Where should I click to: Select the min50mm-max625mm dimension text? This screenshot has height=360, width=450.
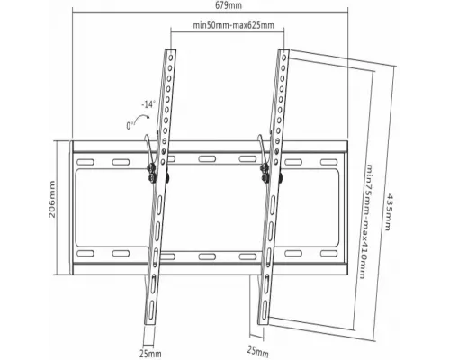233,24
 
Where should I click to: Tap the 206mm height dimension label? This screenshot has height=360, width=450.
52,199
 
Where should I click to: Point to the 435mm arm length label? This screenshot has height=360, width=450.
388,211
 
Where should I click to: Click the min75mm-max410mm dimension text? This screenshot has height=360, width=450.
366,221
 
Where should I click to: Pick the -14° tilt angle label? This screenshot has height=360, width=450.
148,105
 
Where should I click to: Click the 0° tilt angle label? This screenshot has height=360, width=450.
130,125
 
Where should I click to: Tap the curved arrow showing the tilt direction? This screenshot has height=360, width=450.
141,118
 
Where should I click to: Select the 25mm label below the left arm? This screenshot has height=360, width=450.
150,354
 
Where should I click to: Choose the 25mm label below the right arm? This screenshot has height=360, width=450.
257,350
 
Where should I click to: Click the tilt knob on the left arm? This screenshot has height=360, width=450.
151,174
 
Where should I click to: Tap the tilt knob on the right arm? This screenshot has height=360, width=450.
265,174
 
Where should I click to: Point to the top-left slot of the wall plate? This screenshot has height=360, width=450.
85,162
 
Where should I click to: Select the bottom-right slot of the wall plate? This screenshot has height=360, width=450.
328,254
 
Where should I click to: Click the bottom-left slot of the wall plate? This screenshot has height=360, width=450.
85,254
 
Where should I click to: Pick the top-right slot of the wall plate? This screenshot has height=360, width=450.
328,162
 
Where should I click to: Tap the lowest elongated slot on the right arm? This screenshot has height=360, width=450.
265,310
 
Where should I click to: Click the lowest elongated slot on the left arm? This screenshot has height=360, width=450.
151,309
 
